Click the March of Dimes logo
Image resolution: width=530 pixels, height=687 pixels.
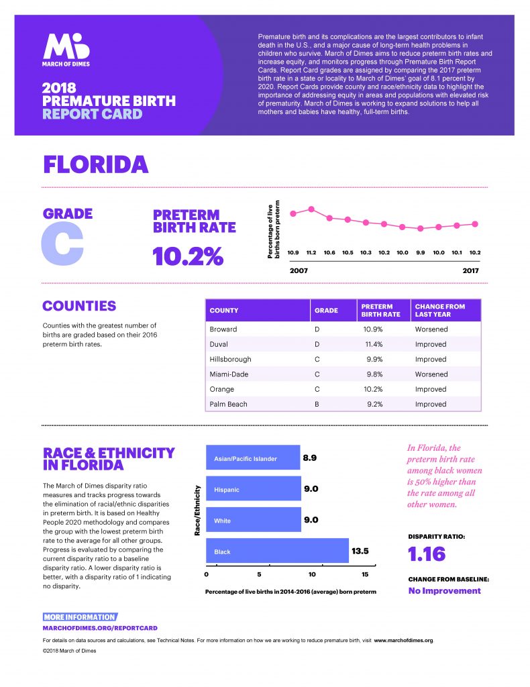click(x=66, y=50)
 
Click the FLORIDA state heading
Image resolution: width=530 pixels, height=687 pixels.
click(x=96, y=165)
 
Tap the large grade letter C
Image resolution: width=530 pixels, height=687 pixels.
click(x=62, y=244)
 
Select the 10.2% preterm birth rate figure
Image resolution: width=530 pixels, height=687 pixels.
click(x=188, y=256)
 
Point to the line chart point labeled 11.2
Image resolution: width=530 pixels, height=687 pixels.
click(x=311, y=209)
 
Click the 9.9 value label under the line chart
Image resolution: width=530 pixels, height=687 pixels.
click(x=421, y=253)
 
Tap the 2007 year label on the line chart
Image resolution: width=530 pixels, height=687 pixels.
click(x=299, y=271)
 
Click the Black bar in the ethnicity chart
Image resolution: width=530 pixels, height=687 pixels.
click(x=277, y=550)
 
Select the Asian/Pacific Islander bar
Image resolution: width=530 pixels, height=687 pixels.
click(x=253, y=458)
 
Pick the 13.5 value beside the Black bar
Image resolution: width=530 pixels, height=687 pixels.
click(x=360, y=551)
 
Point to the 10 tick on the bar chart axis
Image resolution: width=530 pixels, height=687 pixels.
click(x=312, y=574)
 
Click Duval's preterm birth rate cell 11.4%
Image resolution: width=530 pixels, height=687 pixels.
click(x=374, y=344)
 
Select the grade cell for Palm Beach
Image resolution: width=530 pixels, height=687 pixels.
click(x=317, y=404)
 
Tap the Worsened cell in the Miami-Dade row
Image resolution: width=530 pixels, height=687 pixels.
click(x=431, y=374)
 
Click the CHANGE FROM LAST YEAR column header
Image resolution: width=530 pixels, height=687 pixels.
click(x=440, y=310)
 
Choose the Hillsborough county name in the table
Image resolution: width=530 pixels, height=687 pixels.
click(x=230, y=360)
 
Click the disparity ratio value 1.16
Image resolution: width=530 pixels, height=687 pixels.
click(x=427, y=554)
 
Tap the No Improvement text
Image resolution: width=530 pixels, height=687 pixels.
click(x=444, y=590)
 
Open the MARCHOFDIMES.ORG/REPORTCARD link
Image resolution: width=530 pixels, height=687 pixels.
click(x=100, y=628)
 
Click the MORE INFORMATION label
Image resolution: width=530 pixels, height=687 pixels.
click(x=80, y=617)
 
